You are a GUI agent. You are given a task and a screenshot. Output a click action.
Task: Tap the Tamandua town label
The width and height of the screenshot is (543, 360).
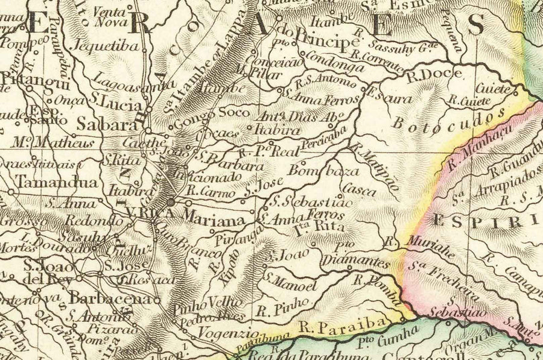pos(49,182)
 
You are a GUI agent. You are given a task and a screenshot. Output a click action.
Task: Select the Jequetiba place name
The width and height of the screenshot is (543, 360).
pos(97,45)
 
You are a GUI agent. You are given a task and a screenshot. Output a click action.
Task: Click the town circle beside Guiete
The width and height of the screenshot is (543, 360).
pos(516,93)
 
